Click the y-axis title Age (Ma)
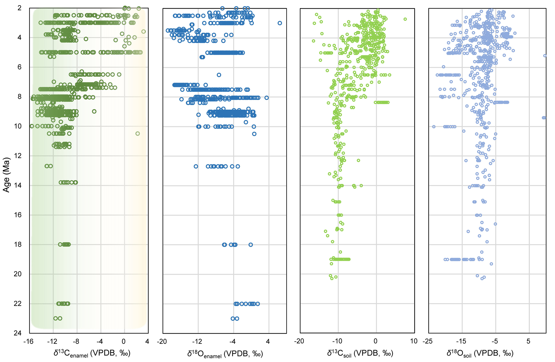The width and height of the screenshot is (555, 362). (6, 175)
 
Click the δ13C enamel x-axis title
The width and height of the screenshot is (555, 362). (92, 353)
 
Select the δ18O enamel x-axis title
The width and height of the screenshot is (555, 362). (225, 354)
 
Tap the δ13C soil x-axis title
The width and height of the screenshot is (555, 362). (360, 353)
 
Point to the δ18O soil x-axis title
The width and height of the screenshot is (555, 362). (480, 353)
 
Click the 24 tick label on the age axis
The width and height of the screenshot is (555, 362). (18, 333)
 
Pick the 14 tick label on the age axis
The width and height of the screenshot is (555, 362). (18, 185)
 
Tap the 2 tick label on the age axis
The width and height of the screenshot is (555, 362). (19, 8)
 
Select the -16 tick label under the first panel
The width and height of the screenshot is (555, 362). (28, 341)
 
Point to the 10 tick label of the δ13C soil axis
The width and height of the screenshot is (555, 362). (414, 341)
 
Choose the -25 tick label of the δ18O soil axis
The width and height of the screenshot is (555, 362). (427, 341)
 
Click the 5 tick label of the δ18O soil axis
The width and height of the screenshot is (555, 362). (528, 341)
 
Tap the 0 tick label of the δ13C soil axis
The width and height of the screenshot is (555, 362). (375, 341)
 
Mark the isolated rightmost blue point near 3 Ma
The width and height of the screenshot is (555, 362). (280, 23)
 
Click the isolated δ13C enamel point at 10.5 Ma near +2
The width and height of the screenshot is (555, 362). (138, 134)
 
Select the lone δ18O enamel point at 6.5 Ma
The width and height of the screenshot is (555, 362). (219, 75)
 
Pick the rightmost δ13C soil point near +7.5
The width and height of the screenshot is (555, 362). (405, 19)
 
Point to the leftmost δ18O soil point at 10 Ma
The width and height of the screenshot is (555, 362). (434, 127)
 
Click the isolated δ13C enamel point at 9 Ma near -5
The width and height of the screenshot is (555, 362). (94, 111)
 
